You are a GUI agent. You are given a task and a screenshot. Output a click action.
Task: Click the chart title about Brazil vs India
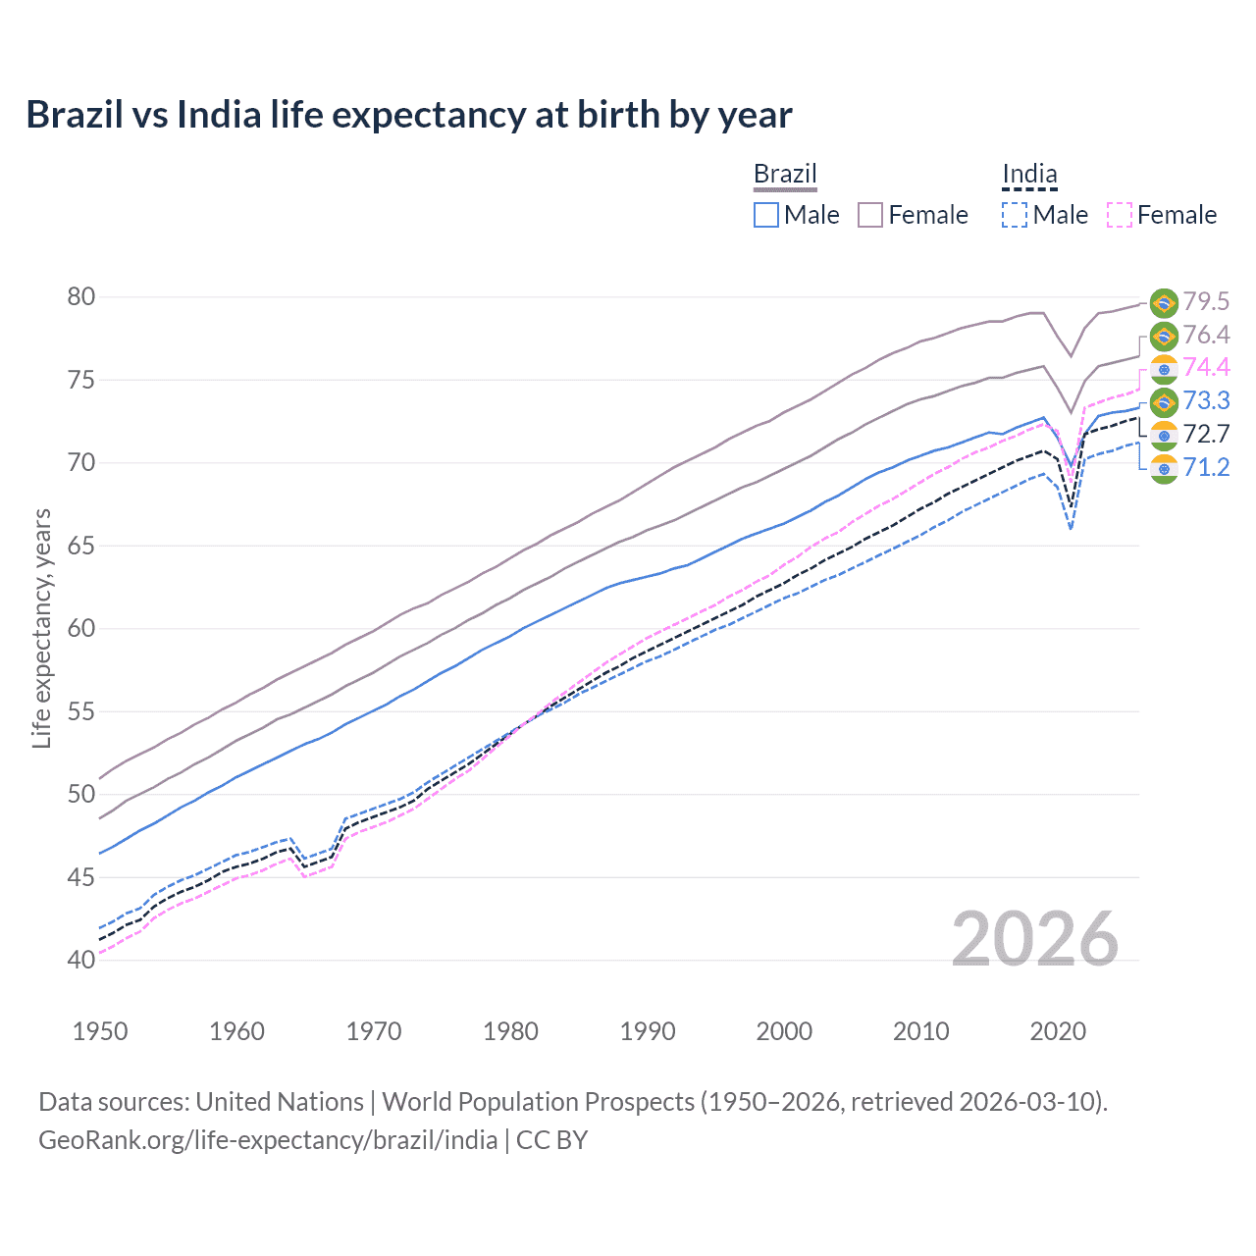click(x=408, y=115)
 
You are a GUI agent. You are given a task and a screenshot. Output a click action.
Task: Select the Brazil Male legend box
click(x=766, y=215)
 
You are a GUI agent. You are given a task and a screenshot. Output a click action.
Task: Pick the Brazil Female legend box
click(x=870, y=215)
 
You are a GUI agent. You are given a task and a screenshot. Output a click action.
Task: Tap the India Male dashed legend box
click(x=1015, y=215)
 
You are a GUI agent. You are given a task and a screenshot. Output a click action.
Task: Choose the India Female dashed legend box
click(x=1120, y=215)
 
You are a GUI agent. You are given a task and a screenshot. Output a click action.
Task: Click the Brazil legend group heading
click(x=785, y=175)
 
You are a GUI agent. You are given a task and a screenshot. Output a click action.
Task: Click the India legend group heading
click(x=1029, y=175)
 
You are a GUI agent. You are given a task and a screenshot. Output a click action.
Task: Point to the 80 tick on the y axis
click(x=81, y=296)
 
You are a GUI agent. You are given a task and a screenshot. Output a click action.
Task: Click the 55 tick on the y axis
click(x=81, y=711)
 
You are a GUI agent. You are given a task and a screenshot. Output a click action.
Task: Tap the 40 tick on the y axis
click(x=81, y=960)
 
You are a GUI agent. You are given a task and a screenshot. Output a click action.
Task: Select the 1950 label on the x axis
click(x=100, y=1031)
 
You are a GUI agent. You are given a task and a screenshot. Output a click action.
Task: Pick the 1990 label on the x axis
click(x=648, y=1031)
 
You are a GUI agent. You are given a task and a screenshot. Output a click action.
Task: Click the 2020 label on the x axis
click(x=1058, y=1031)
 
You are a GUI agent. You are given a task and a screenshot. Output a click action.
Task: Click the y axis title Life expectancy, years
click(x=41, y=628)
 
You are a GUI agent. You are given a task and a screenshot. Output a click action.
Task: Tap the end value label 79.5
click(x=1206, y=301)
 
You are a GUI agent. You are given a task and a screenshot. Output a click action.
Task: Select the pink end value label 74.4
click(x=1206, y=367)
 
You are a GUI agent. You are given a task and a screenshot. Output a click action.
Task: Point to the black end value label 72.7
click(x=1206, y=434)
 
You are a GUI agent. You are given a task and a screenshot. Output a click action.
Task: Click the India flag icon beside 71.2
click(x=1164, y=469)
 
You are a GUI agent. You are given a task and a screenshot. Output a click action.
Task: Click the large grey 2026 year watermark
click(x=1035, y=939)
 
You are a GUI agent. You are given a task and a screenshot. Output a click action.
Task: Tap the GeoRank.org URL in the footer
click(x=268, y=1140)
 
